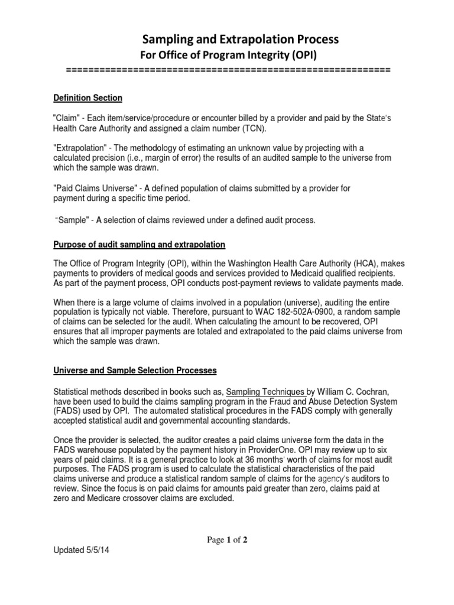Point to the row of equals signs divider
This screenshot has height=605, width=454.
coord(228,70)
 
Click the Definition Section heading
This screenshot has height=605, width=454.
coord(87,98)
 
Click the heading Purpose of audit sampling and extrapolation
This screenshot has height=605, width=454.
coord(139,245)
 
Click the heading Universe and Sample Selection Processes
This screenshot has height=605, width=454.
coord(135,370)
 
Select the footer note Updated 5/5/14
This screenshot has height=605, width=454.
coord(82,549)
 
